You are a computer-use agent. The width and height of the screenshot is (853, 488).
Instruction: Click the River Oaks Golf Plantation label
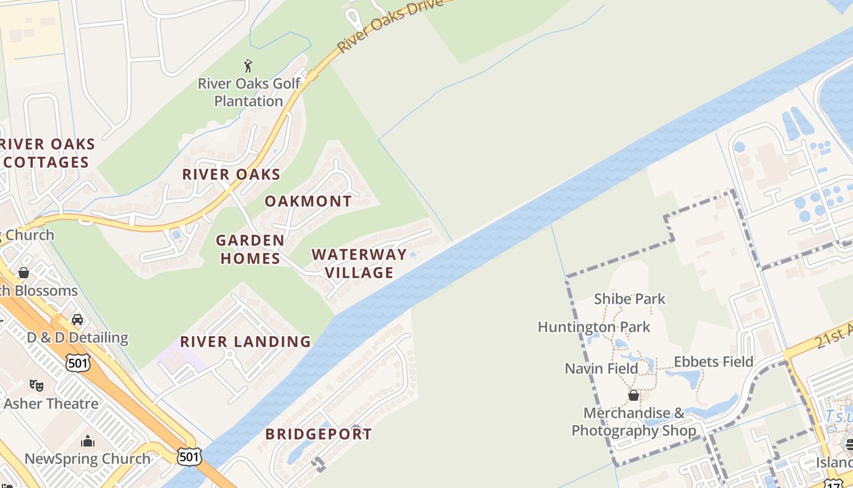click(249, 92)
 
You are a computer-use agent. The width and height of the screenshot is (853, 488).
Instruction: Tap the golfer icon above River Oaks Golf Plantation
click(248, 65)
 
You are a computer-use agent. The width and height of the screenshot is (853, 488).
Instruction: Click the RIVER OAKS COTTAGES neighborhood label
click(48, 153)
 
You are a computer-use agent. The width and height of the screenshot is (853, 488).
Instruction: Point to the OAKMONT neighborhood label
click(308, 201)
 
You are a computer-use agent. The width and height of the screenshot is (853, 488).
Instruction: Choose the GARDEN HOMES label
click(250, 249)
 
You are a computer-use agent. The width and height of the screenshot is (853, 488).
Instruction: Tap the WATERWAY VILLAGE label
click(359, 264)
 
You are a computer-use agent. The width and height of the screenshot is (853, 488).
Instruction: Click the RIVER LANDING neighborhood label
click(246, 342)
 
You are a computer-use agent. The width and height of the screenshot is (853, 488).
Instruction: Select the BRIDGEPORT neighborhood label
click(319, 434)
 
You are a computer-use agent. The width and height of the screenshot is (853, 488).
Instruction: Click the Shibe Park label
click(629, 299)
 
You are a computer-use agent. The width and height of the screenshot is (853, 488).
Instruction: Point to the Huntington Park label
click(593, 327)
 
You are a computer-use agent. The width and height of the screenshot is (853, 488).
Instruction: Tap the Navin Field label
click(601, 368)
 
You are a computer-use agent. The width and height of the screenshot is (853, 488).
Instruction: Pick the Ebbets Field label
click(713, 362)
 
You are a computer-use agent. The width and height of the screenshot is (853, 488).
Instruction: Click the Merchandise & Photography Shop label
click(634, 422)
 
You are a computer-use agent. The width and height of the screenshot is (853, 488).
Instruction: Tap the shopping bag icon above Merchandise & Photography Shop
click(634, 395)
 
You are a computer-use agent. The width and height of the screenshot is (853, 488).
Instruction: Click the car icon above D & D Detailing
click(77, 320)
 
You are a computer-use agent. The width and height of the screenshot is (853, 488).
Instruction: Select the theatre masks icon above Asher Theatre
click(37, 386)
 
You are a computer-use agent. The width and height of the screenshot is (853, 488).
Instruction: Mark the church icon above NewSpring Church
click(88, 441)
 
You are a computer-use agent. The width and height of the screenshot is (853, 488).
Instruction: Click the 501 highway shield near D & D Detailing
click(79, 363)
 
